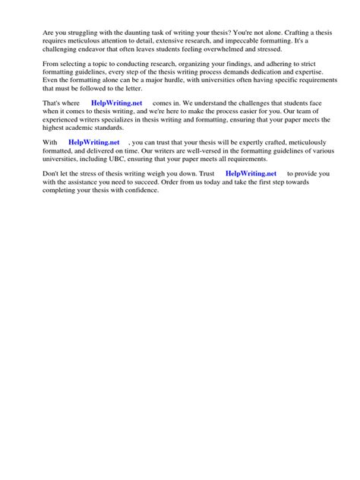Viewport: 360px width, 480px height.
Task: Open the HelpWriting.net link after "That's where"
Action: (x=116, y=101)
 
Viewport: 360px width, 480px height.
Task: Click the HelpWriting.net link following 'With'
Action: (x=93, y=142)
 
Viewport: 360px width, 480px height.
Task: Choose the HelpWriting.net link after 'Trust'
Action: (x=251, y=173)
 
